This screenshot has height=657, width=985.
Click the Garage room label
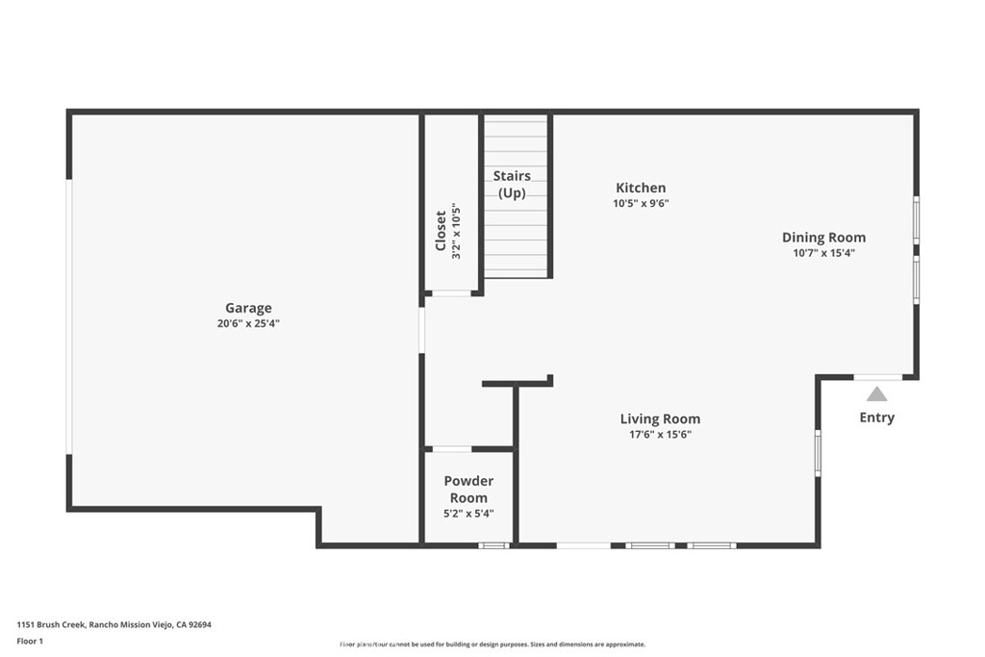coord(248,308)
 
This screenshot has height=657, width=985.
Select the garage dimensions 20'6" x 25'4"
coord(248,324)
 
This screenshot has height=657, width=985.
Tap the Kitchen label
coord(641,188)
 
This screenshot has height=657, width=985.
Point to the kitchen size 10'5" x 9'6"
coord(641,203)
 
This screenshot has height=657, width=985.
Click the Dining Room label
coord(823,238)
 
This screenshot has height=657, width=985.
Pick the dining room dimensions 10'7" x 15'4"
coord(823,253)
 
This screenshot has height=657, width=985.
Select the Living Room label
coord(660,418)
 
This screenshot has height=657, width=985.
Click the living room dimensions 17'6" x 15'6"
coord(660,434)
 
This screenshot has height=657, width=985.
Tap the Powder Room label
coord(468,489)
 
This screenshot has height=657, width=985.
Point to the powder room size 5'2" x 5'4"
coord(468,514)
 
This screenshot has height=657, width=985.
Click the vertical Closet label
coord(442,232)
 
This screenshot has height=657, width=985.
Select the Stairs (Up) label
coord(512,184)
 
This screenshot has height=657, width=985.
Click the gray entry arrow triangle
coord(876,393)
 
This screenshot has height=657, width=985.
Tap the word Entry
coord(876,417)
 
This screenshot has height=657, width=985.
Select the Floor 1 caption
coord(30,641)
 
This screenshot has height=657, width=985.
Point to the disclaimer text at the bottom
coord(492,644)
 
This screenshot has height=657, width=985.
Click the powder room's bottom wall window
coord(494,545)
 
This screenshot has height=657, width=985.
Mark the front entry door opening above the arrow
coord(878,377)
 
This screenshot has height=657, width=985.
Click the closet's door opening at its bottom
coord(451,293)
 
